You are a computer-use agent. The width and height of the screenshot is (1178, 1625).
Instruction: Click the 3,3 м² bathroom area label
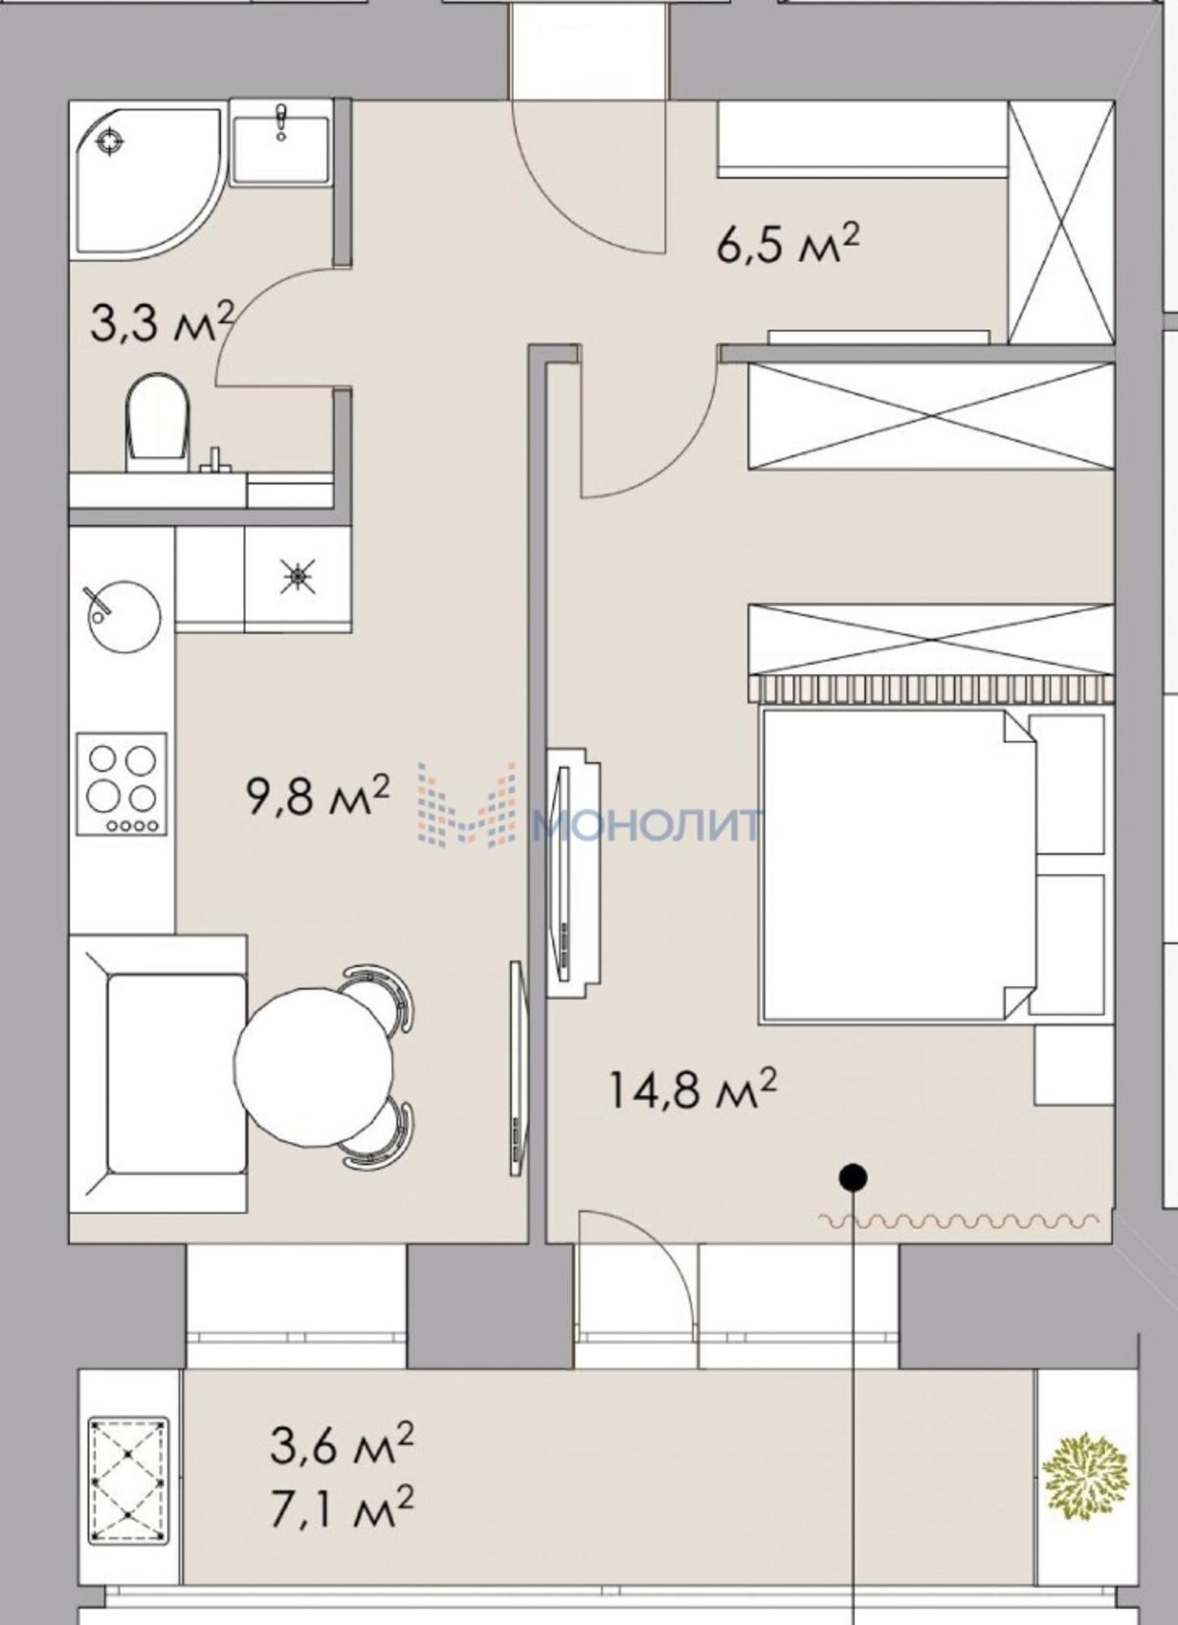[162, 323]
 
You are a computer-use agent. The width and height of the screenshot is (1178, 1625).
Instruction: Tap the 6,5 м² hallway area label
[787, 244]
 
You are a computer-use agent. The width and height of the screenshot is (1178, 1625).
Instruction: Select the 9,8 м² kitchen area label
[318, 795]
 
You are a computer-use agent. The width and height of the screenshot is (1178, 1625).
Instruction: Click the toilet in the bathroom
[158, 423]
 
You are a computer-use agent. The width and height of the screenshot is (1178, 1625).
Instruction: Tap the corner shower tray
[145, 179]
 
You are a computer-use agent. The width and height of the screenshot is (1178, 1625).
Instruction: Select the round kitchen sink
[123, 614]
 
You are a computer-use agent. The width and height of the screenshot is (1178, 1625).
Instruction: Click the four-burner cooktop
[122, 783]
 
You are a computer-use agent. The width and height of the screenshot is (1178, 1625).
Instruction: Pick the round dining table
[314, 1067]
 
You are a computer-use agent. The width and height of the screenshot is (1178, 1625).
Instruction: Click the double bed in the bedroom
[899, 866]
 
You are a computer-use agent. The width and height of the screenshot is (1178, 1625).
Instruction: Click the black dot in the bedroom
[853, 1176]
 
